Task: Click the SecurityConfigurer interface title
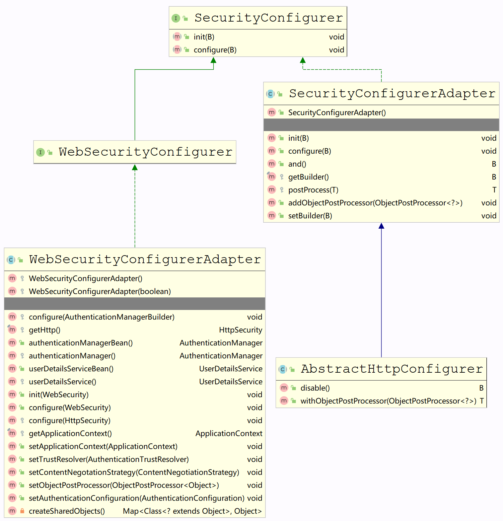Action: click(x=268, y=18)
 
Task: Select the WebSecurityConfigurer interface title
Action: click(x=145, y=152)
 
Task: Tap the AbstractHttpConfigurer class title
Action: click(x=392, y=369)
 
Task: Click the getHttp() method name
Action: click(x=44, y=330)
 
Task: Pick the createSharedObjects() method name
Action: click(x=67, y=511)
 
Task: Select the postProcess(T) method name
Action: click(x=313, y=190)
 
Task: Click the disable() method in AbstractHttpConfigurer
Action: click(x=315, y=388)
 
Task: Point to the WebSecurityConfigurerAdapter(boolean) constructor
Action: click(x=100, y=291)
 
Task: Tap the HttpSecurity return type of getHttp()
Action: click(x=241, y=330)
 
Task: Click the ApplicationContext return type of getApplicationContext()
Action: click(x=229, y=433)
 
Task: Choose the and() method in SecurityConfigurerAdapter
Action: click(x=297, y=164)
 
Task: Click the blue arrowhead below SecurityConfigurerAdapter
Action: click(x=381, y=226)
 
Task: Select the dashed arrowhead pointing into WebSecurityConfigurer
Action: click(x=135, y=168)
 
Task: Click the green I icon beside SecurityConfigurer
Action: click(x=176, y=18)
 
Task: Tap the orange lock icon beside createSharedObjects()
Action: click(x=22, y=511)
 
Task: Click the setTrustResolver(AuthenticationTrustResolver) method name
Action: click(x=108, y=459)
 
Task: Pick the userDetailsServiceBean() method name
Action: click(x=71, y=369)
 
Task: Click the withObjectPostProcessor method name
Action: click(x=388, y=401)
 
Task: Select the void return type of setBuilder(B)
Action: click(x=489, y=216)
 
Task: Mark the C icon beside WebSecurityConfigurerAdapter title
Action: click(x=11, y=260)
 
